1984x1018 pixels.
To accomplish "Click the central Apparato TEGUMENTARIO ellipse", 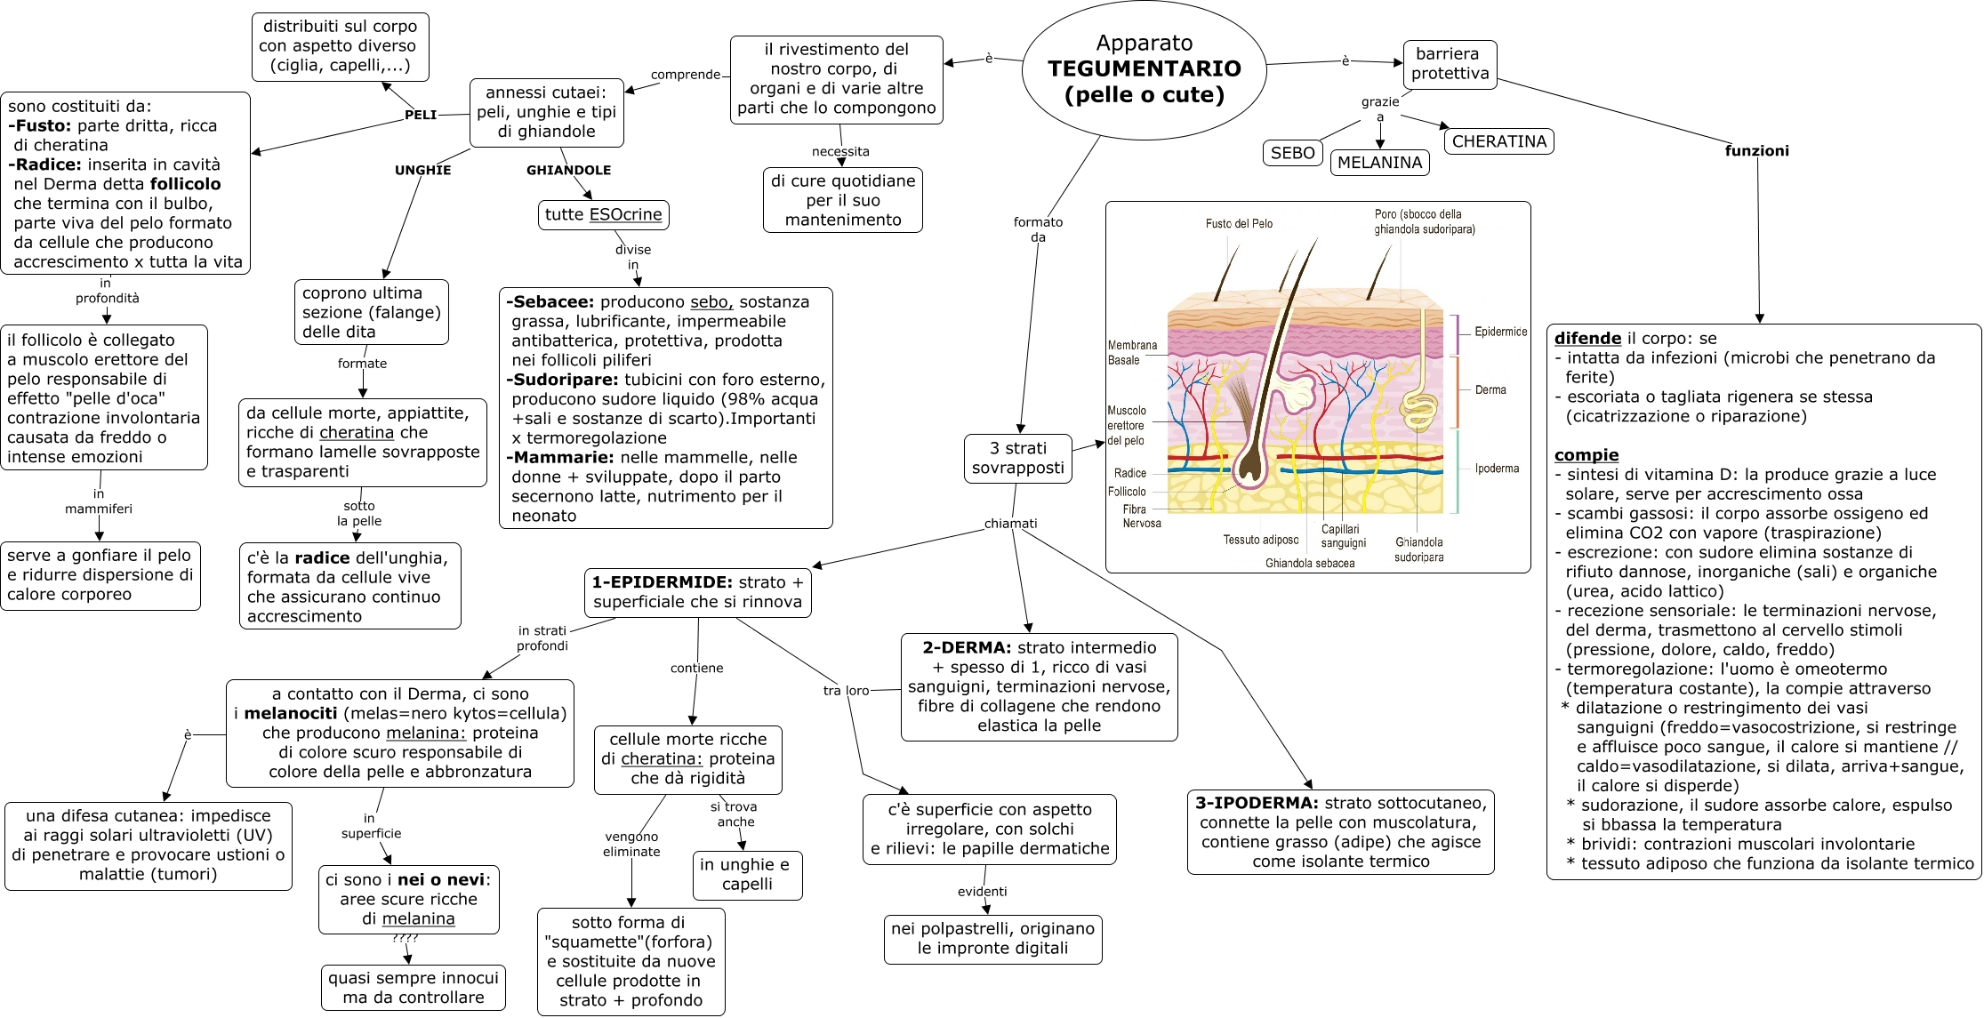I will [x=1144, y=69].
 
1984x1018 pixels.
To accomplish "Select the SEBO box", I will [x=1292, y=153].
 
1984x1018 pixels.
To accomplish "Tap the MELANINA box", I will [x=1379, y=163].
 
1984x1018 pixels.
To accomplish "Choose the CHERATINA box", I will [x=1498, y=141].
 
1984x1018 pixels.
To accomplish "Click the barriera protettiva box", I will [x=1450, y=64].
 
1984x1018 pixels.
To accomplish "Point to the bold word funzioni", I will [x=1756, y=151].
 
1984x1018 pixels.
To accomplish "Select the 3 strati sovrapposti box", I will [x=1017, y=459].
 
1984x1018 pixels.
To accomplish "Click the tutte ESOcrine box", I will [x=603, y=215].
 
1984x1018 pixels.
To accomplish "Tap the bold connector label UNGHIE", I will [x=422, y=171].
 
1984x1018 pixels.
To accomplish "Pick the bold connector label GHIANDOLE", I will [x=568, y=171].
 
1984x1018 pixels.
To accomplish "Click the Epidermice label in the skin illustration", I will [x=1500, y=333].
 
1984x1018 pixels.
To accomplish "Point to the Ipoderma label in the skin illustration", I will [x=1497, y=469].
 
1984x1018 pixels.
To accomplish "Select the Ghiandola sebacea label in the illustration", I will [x=1310, y=564].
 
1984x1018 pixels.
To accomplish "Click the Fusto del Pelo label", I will [x=1239, y=224].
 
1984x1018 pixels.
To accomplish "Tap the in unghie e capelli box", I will [x=747, y=875].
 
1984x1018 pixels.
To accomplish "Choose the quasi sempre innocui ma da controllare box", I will [x=414, y=988].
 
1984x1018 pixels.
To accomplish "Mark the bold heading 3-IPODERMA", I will [x=1256, y=804].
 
